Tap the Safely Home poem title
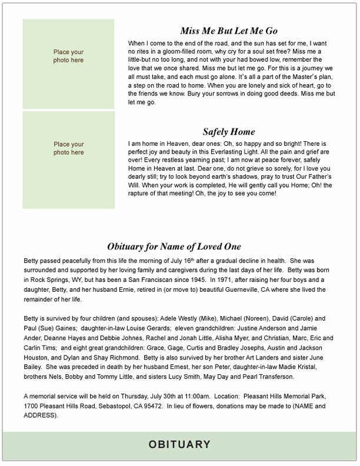pos(229,132)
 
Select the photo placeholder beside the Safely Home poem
pos(69,160)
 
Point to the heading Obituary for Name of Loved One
pos(174,246)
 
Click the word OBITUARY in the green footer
pos(179,444)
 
